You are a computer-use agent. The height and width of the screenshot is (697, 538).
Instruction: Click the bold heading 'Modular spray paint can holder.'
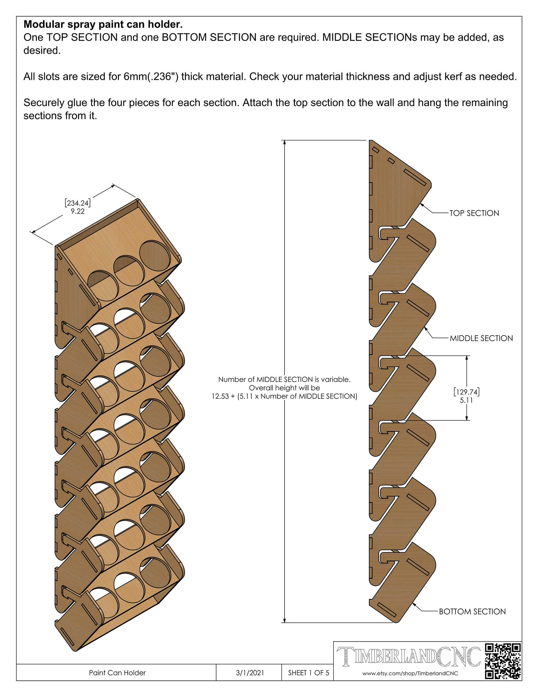point(103,24)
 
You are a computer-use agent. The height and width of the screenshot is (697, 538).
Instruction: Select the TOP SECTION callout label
point(474,213)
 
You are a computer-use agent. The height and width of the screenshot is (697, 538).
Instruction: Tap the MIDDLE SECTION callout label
point(481,338)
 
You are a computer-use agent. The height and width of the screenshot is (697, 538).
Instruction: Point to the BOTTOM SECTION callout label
point(472,612)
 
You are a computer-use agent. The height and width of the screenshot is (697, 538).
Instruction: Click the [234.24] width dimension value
point(78,203)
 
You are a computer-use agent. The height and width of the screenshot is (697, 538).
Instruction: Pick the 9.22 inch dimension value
point(78,211)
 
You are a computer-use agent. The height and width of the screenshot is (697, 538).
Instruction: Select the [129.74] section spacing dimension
point(467,392)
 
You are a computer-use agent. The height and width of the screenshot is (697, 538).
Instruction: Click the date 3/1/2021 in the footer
point(250,673)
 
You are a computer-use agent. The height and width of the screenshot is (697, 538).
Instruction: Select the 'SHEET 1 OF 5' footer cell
point(308,673)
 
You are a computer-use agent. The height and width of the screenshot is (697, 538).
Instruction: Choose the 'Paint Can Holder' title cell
point(117,673)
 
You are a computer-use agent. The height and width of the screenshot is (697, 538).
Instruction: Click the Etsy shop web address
point(410,673)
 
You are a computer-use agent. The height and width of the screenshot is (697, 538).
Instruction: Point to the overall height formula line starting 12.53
point(284,396)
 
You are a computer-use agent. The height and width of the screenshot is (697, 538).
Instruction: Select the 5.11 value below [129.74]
point(467,400)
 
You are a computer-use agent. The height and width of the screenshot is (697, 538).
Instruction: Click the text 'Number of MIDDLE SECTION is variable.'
point(284,380)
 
